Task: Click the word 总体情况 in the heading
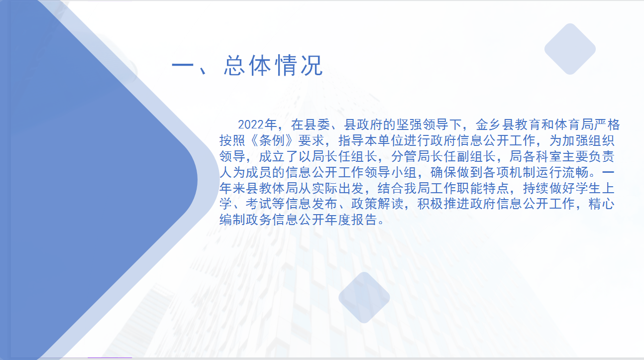point(273,66)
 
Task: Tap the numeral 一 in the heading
point(183,65)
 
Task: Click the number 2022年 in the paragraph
point(257,124)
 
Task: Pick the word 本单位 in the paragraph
point(384,140)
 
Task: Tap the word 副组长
point(477,156)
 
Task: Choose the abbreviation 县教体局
point(271,188)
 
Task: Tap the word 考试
point(258,204)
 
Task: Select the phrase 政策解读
point(377,204)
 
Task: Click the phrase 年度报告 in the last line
point(351,220)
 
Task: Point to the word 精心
point(602,204)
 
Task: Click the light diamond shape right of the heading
point(570,49)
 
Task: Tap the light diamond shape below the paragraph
point(364,298)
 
